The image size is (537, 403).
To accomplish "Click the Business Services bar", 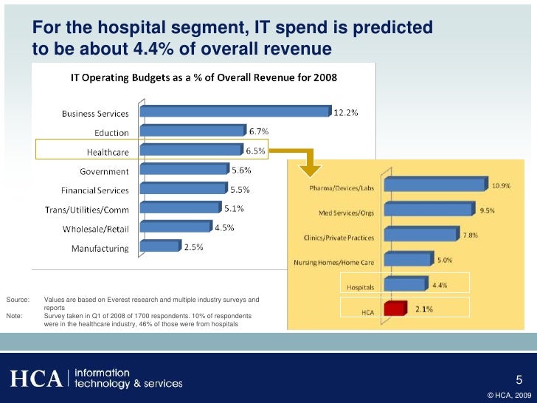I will pos(235,111).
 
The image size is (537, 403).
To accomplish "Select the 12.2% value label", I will pos(347,113).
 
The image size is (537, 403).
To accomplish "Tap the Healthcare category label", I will pos(108,152).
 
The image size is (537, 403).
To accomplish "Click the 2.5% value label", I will pos(193,248).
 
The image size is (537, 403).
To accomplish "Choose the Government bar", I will pos(183,170).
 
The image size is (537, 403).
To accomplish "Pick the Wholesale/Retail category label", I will pos(92,229).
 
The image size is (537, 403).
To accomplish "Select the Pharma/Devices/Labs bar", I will pos(435,183).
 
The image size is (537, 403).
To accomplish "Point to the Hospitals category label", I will pos(361,286).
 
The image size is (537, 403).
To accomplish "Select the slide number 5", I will pos(519,381).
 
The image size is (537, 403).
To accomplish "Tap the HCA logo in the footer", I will pos(35,379).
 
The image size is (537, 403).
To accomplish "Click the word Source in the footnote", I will pos(17,300).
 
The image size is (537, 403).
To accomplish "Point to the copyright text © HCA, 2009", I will pos(508,396).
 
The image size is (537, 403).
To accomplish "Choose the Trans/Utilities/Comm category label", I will pos(86,210).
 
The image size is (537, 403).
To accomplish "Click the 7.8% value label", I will pos(470,235).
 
